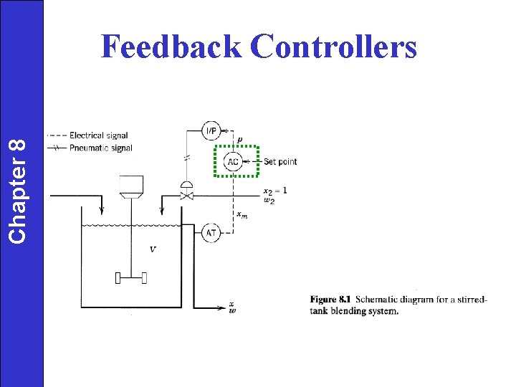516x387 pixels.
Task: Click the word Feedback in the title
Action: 171,47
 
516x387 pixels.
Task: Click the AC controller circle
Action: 234,162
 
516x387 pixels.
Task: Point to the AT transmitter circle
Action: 211,233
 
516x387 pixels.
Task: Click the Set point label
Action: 280,162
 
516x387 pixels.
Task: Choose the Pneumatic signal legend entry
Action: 100,148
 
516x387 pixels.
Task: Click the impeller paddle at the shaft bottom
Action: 131,278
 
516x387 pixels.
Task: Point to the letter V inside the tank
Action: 153,249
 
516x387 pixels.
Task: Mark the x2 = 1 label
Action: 274,191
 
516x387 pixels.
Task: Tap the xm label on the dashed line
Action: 242,215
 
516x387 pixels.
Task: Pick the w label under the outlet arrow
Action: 232,311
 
